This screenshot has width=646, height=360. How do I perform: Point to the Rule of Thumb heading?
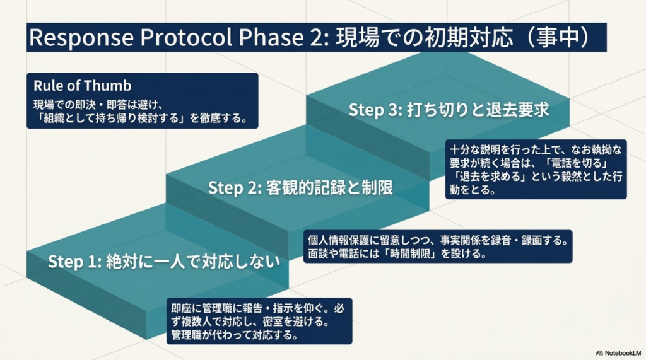click(x=82, y=86)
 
